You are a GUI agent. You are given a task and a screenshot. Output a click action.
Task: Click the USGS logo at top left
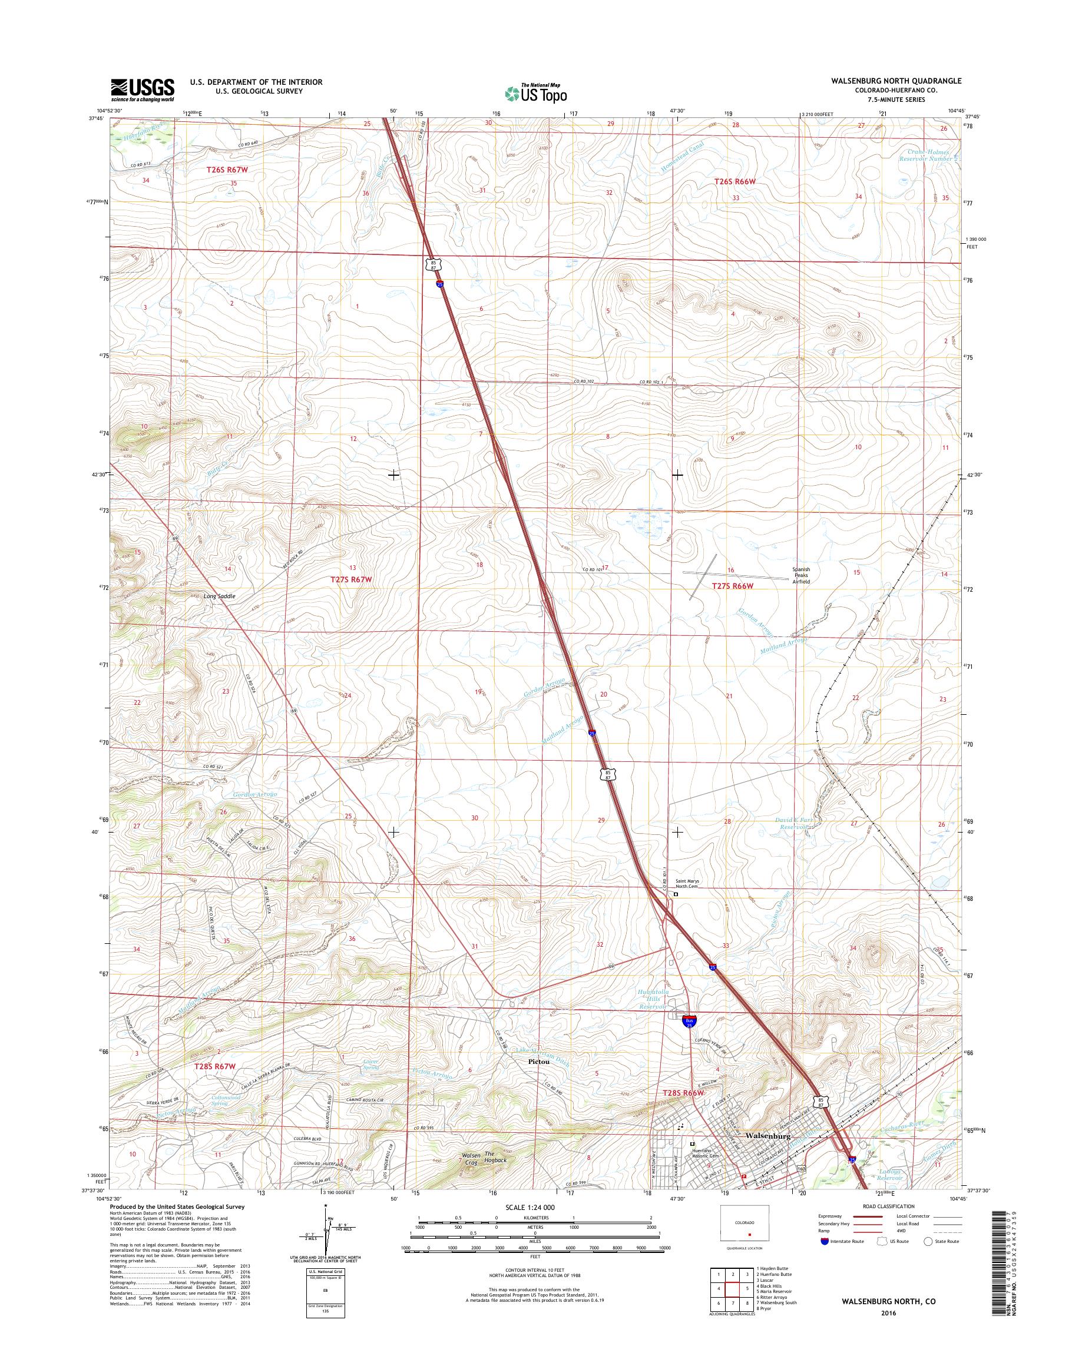coord(143,89)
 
